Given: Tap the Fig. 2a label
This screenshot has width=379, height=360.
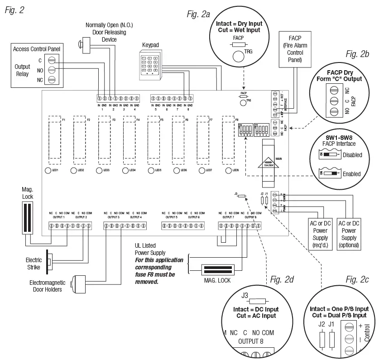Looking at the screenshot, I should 198,14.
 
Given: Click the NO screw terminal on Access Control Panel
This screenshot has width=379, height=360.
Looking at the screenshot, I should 52,70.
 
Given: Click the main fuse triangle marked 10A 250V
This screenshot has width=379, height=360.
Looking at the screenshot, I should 269,162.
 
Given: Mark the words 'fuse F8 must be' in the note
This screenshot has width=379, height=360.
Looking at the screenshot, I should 155,274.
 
